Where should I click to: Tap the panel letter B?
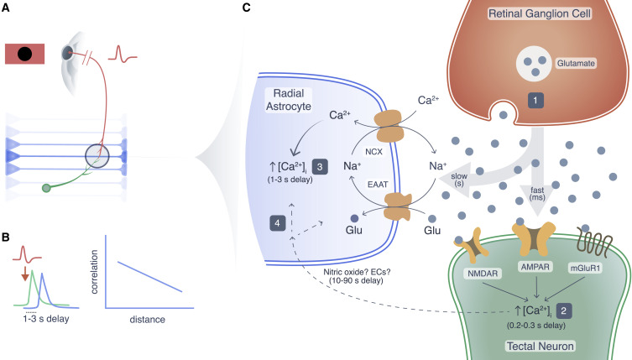point(6,227)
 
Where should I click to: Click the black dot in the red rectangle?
point(25,55)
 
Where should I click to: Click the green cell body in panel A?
point(46,189)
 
